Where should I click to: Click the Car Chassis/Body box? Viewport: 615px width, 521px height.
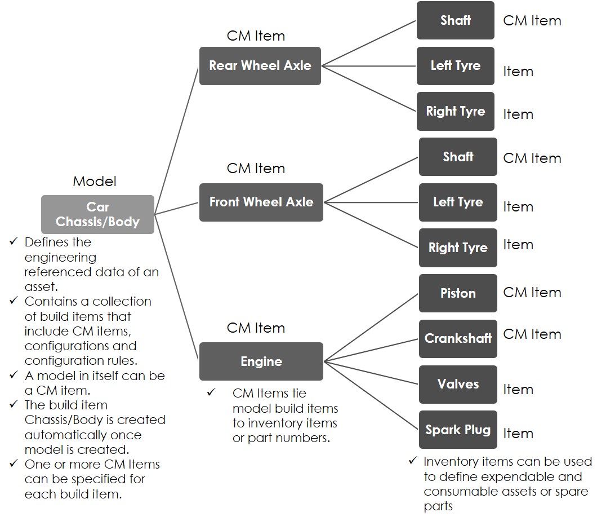(97, 214)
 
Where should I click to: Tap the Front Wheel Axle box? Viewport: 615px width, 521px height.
(261, 202)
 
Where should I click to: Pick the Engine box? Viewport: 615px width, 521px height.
(261, 361)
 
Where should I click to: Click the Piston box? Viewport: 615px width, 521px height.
(457, 293)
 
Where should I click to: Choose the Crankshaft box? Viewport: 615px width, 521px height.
(457, 339)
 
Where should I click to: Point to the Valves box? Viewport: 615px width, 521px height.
(457, 385)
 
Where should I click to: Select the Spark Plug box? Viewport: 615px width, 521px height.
(457, 430)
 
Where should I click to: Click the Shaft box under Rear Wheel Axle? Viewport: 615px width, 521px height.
(455, 20)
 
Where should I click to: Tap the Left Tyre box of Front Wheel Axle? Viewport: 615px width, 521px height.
(457, 202)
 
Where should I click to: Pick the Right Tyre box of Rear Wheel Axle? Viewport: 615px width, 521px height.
(455, 112)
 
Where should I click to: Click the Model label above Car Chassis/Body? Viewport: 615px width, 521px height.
(95, 182)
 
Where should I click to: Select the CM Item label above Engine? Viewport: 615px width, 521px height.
(256, 328)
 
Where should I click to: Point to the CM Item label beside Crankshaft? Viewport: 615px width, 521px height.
(532, 334)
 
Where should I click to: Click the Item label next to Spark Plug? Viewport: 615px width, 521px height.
(518, 434)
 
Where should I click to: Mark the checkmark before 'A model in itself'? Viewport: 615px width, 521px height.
(14, 376)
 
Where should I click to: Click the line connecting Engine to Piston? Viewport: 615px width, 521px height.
(372, 327)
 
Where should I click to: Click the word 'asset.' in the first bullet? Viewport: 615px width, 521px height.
(39, 286)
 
